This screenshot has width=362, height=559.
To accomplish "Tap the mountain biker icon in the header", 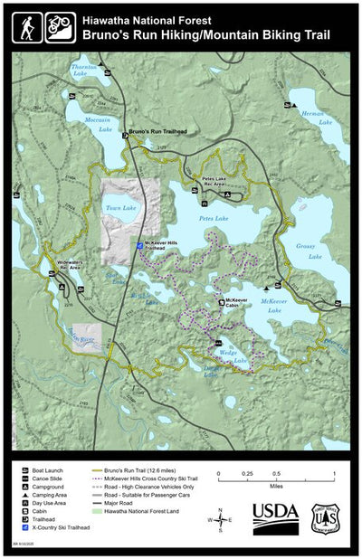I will tap(61, 26).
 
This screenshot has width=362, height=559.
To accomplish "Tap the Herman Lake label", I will tap(313, 114).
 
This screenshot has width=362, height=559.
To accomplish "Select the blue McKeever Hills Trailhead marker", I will tap(138, 244).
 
